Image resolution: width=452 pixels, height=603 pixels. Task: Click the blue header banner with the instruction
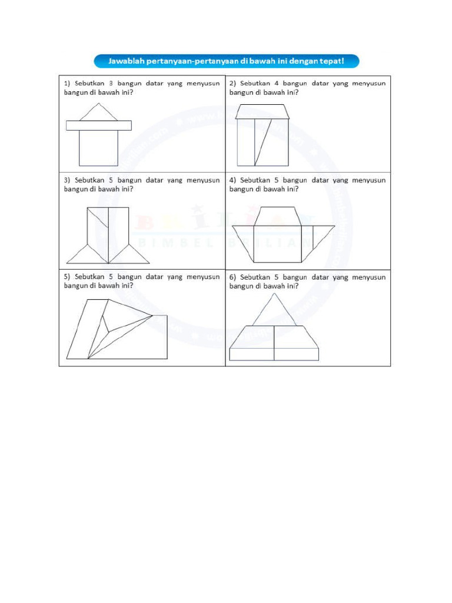pos(226,61)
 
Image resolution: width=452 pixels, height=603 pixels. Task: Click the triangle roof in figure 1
pos(99,114)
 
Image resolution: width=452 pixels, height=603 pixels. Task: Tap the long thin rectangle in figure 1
pos(98,125)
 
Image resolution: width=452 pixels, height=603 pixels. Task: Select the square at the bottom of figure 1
pos(99,148)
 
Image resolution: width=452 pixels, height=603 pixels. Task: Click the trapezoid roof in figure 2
pos(262,112)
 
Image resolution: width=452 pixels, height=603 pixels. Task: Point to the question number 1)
pos(68,84)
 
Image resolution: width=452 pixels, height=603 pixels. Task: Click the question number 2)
pos(233,84)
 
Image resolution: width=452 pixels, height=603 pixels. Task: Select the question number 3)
pos(68,180)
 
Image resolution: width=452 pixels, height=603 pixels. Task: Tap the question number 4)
pos(233,180)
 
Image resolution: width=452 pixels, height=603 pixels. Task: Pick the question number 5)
pos(68,277)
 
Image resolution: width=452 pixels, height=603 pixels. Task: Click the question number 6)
pos(233,277)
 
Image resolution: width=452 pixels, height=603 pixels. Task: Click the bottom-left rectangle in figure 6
pos(252,354)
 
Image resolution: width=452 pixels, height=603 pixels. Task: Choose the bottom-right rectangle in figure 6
pos(296,354)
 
